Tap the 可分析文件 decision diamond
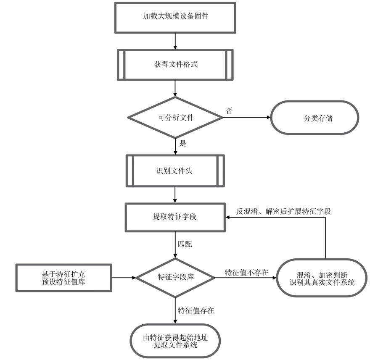175,118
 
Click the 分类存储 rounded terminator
315,118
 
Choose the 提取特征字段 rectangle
175,217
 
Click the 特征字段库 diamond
175,277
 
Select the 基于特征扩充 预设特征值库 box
63,278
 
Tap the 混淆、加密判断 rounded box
322,278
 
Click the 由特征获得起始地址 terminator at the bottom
175,341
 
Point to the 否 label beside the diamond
229,111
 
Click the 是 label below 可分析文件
183,143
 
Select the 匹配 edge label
185,244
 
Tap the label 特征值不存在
247,272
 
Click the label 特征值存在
196,311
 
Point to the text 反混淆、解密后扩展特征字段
283,211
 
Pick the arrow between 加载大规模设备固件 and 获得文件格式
175,41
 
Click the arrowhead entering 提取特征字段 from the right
227,217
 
